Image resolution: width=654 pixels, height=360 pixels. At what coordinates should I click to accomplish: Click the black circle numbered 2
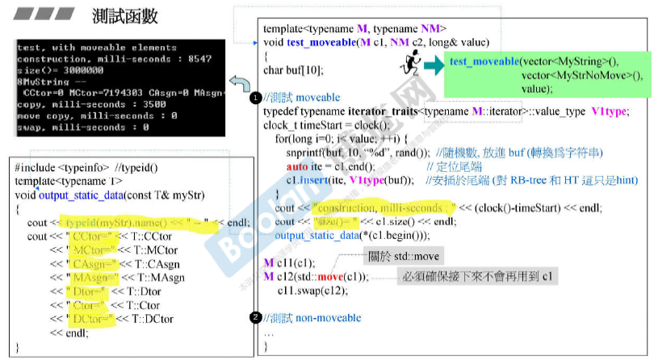pos(255,318)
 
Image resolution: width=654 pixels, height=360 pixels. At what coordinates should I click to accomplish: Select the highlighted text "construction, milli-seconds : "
pos(376,207)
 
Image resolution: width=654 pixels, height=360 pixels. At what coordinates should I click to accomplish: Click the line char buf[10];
pos(287,69)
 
